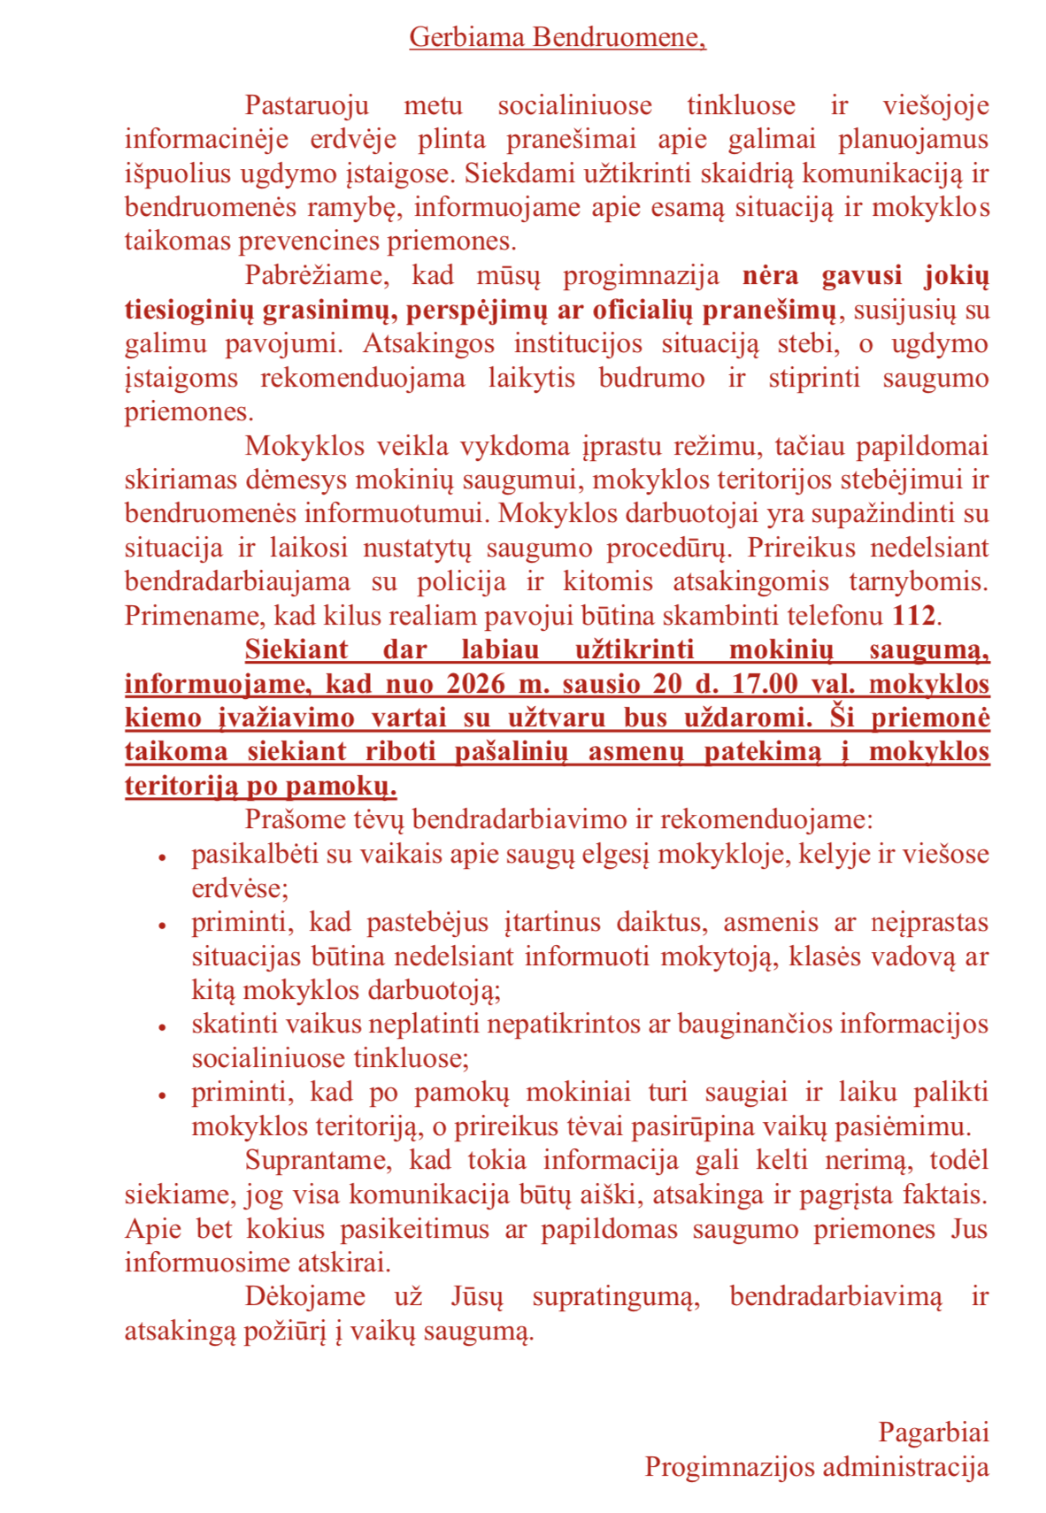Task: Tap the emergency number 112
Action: (914, 615)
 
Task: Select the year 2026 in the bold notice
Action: (475, 684)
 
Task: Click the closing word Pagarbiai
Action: (933, 1432)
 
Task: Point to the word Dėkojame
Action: (305, 1296)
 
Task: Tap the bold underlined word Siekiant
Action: (296, 649)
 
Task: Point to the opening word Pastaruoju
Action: (306, 105)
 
